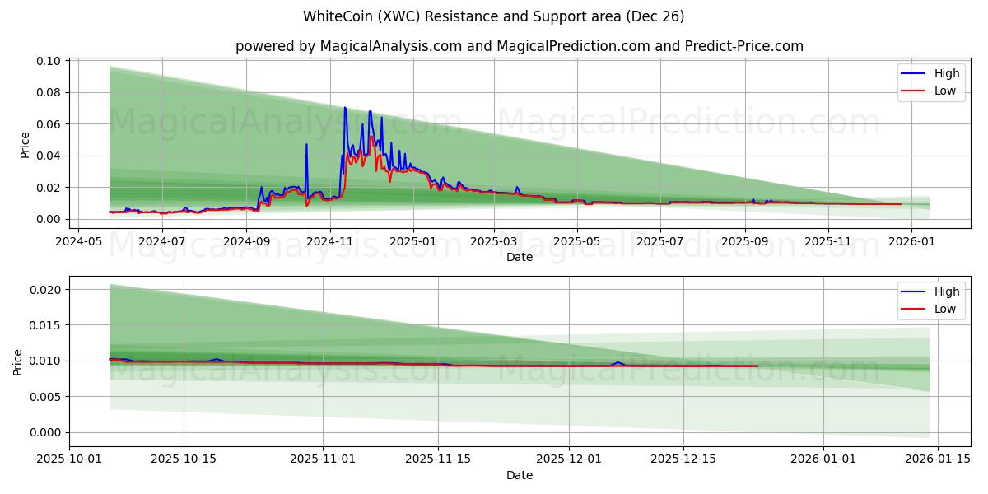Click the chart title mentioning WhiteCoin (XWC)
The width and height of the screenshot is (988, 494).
[x=493, y=16]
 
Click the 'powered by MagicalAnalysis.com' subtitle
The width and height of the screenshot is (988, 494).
[x=519, y=46]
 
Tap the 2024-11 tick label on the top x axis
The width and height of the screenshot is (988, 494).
[x=329, y=242]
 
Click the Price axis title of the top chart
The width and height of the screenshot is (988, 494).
[x=25, y=145]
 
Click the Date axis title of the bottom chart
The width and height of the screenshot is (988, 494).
[x=519, y=475]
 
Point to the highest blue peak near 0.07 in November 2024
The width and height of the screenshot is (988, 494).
[x=345, y=108]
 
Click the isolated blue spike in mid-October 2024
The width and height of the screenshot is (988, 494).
[x=306, y=145]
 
